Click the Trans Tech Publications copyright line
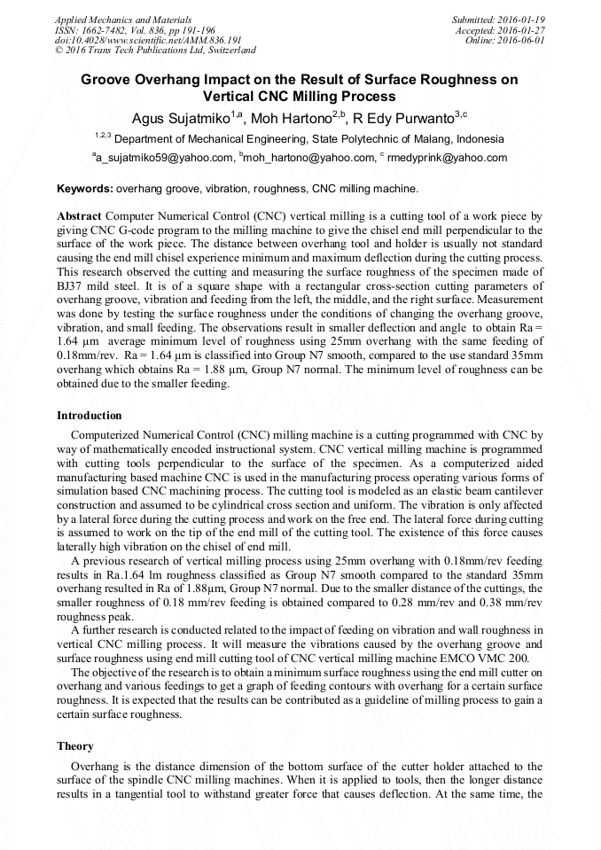155,51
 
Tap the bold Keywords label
84,189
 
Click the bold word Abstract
79,215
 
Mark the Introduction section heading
90,415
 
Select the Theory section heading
75,746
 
